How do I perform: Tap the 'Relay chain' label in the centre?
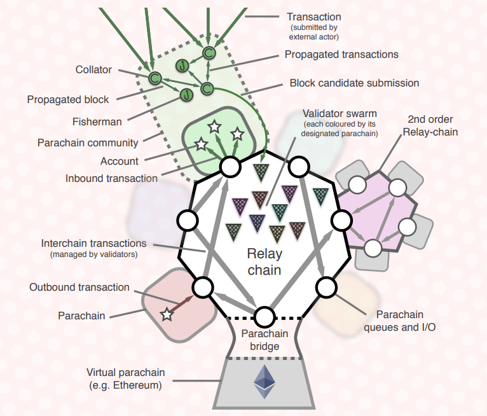(264, 261)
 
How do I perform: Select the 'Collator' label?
(93, 70)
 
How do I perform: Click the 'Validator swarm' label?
(340, 114)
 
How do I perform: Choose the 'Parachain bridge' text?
(264, 340)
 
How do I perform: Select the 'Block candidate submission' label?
(354, 83)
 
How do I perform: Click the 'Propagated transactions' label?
(341, 54)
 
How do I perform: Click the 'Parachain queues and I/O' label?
(399, 321)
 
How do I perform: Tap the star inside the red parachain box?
(167, 313)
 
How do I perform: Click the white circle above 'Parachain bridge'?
(264, 315)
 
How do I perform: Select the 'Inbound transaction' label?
(111, 178)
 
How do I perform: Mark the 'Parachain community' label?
(88, 142)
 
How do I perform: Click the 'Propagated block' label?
(68, 99)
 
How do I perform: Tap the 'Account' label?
(120, 161)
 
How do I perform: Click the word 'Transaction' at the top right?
(313, 17)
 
